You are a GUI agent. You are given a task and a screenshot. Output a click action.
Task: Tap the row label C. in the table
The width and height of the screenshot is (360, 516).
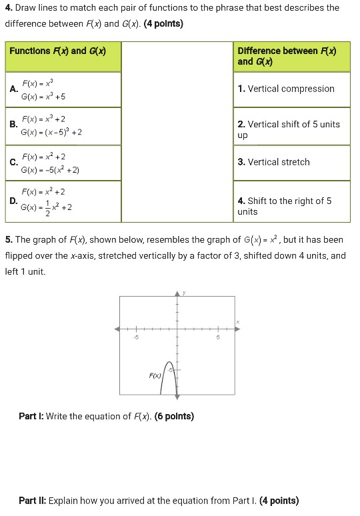coord(13,162)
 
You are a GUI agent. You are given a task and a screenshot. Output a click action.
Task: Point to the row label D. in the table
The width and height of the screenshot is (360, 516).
coord(13,200)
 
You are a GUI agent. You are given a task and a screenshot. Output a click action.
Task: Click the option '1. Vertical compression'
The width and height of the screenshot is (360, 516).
coord(286,89)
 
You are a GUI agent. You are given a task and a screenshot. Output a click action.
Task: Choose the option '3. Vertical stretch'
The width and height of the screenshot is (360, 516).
coord(273,162)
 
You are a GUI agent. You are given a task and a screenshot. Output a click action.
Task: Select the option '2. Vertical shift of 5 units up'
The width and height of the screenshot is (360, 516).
coord(288,129)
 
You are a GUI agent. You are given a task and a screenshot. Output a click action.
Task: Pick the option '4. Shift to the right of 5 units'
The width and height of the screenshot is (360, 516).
coord(284,206)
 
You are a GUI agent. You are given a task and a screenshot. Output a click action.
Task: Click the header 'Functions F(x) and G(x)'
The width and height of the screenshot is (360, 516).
coord(57,51)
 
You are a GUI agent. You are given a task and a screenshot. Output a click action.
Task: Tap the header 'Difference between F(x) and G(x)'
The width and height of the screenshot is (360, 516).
coord(287,56)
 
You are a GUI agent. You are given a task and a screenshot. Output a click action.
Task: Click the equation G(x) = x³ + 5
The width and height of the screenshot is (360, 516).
coord(43,97)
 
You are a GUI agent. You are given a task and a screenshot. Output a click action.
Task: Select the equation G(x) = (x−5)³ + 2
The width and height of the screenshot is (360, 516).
coord(51,132)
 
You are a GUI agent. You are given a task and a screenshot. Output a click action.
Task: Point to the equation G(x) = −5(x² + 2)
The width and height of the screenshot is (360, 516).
coord(50,170)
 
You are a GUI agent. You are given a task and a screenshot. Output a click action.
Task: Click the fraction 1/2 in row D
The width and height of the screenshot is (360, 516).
coord(46,208)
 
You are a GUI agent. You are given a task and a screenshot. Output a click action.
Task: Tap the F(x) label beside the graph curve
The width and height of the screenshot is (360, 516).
coord(155,376)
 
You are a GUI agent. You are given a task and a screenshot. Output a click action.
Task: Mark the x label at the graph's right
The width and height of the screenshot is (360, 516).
coord(237,323)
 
